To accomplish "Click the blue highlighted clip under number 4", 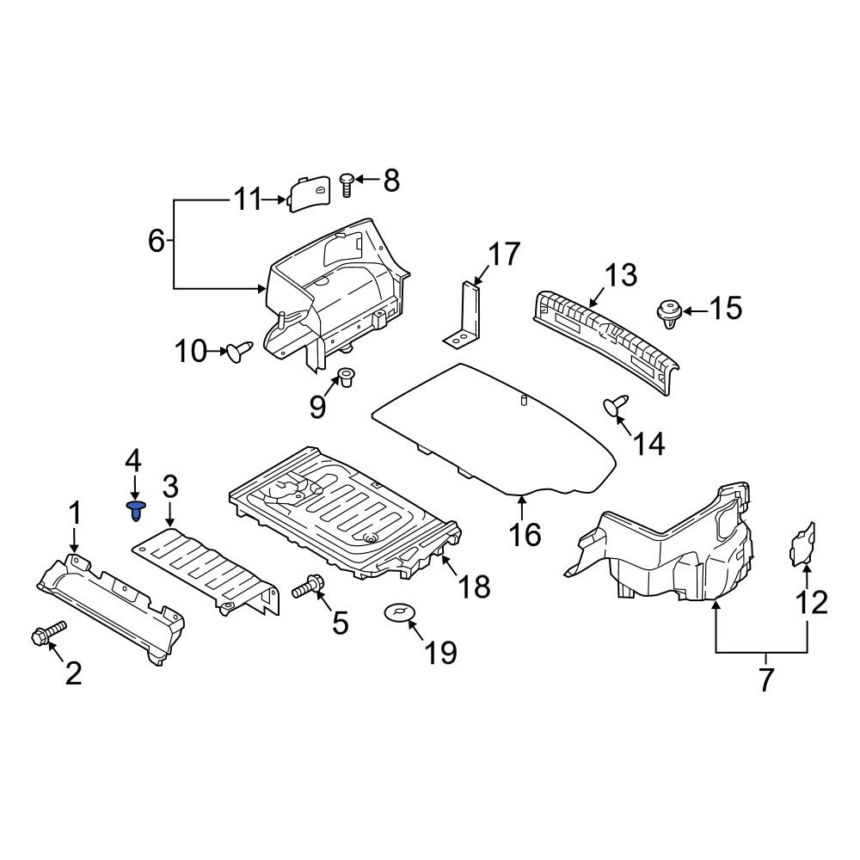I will [x=135, y=510].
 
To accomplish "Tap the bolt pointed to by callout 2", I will [x=47, y=634].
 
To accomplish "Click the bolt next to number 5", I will [x=307, y=588].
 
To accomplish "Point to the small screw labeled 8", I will [x=347, y=183].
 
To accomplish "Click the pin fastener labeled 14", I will [x=616, y=404].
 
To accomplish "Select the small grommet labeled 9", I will [x=347, y=377].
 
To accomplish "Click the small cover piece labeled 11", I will [x=308, y=195].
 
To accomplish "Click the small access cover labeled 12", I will [x=803, y=544].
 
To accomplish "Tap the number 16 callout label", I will [x=525, y=534].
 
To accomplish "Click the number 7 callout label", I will [x=765, y=679].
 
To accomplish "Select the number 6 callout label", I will [x=156, y=241].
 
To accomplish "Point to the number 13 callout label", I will [x=620, y=277].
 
